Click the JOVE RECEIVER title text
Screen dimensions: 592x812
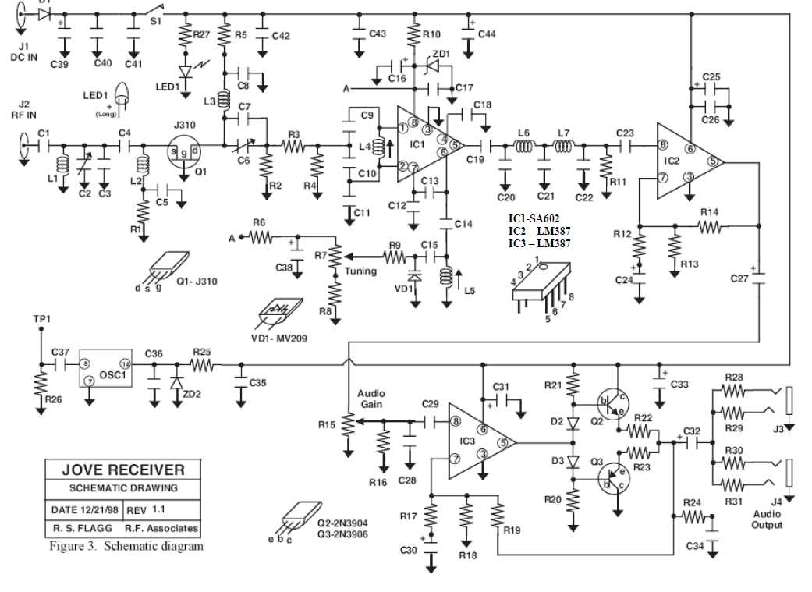pyautogui.click(x=124, y=470)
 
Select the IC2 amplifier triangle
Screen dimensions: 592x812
pyautogui.click(x=684, y=161)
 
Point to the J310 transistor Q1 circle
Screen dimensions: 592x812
pyautogui.click(x=184, y=151)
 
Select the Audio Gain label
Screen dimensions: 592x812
pyautogui.click(x=371, y=399)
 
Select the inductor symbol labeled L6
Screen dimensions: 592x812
pyautogui.click(x=523, y=146)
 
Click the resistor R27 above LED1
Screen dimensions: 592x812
pyautogui.click(x=186, y=35)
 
